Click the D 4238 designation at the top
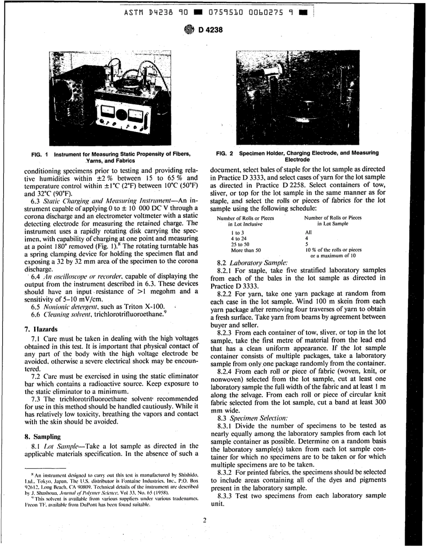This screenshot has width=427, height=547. tap(209, 31)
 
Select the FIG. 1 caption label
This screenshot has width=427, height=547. tap(40, 154)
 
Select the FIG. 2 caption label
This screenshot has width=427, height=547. tap(224, 153)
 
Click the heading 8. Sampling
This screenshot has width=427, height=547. tap(45, 436)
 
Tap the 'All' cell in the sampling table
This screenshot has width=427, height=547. tap(308, 232)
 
